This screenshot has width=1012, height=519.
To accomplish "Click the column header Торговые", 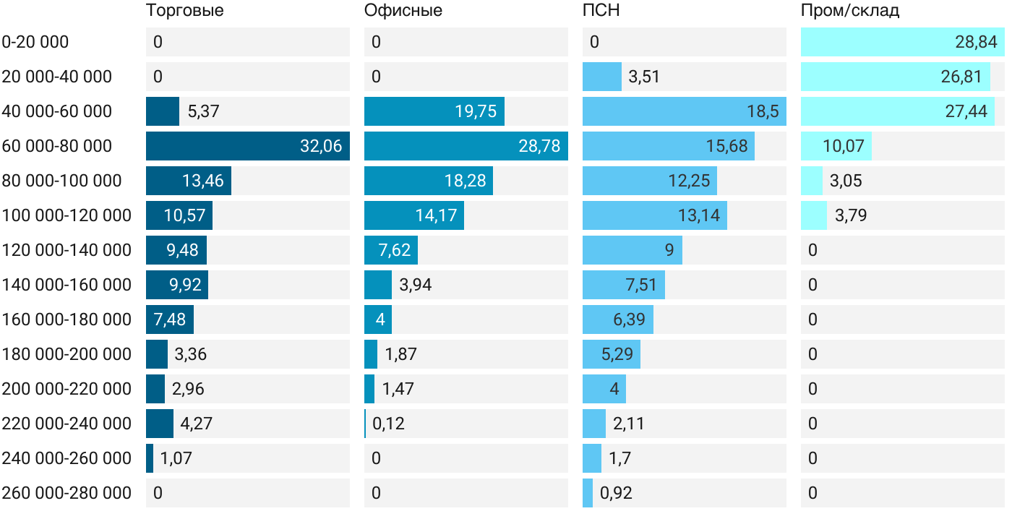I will pos(184,11).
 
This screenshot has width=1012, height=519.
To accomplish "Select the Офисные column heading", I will pos(403,11).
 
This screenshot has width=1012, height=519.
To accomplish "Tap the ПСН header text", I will pos(601,11).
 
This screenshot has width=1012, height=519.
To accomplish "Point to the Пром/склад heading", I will pos(850,11).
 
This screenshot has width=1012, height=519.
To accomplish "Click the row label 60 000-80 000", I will pos(57,146).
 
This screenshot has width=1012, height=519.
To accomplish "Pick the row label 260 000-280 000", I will pos(67,493).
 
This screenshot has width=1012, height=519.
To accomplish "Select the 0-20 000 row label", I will pos(35,42).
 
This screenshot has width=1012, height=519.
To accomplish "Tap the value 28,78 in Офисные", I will pos(539,146).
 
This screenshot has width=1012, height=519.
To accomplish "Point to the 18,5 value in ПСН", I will pos(763,111).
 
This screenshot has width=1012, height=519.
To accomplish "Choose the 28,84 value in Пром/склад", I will pos(976,42).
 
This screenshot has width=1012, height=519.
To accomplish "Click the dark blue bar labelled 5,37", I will pos(162,111).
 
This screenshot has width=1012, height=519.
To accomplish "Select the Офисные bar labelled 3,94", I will pos(377,285).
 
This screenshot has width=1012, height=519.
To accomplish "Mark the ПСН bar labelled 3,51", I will pos(601,77).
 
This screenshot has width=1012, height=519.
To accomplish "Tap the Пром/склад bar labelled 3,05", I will pos(811,181).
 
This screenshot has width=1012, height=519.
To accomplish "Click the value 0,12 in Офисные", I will pos(388,424).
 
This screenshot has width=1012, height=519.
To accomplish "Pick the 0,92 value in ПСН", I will pos(616,493).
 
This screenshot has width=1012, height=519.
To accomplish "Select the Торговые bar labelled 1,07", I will pos(150,458).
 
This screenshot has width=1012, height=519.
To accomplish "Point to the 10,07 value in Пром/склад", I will pos(843,146).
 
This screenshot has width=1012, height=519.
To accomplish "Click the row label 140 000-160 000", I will pos(67,285).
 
